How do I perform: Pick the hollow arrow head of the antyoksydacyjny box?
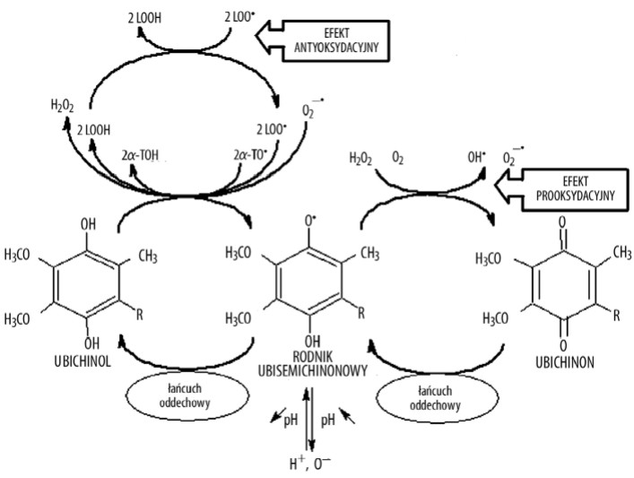click(x=272, y=39)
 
